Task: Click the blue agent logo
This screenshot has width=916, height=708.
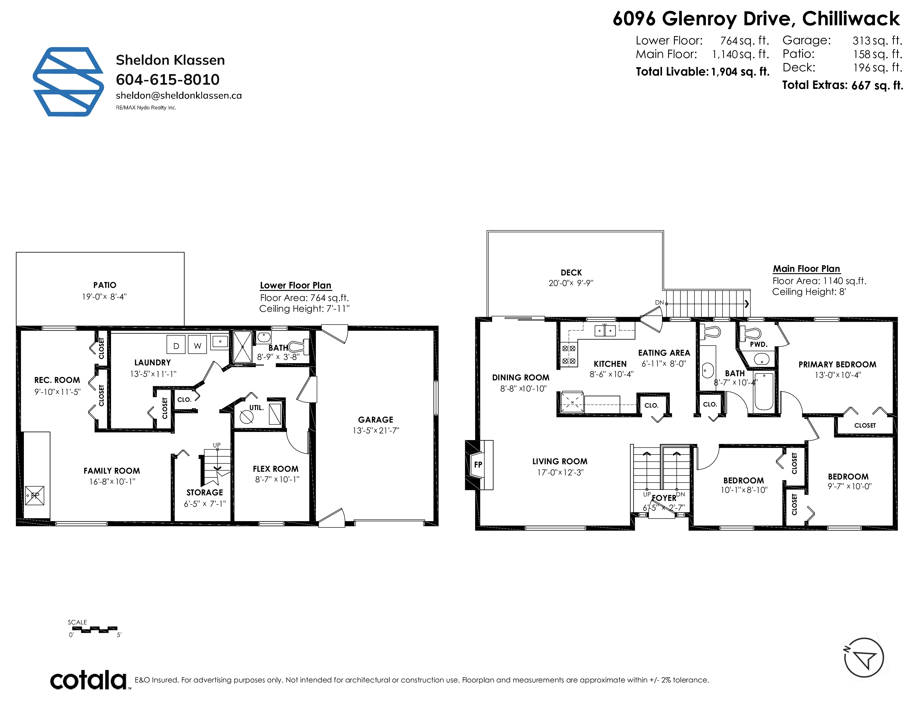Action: click(x=68, y=82)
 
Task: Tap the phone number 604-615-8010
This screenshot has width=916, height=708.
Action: click(x=168, y=79)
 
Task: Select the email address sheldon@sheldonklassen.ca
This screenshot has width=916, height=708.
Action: click(x=179, y=96)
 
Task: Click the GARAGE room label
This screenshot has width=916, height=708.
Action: click(x=375, y=420)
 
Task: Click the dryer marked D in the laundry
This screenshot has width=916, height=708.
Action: click(x=176, y=345)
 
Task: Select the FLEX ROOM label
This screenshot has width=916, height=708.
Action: click(x=276, y=469)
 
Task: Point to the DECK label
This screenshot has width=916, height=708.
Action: click(x=571, y=273)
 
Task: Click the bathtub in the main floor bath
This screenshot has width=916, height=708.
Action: click(x=763, y=391)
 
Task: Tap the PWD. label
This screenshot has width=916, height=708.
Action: click(x=759, y=344)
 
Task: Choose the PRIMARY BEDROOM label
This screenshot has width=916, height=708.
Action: click(x=837, y=365)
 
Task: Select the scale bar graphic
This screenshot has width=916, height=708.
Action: click(x=95, y=630)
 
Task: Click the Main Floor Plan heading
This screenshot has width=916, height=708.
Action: click(x=807, y=269)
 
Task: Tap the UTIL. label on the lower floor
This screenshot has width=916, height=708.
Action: click(x=256, y=408)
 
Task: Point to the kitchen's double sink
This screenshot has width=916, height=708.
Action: click(x=605, y=331)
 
